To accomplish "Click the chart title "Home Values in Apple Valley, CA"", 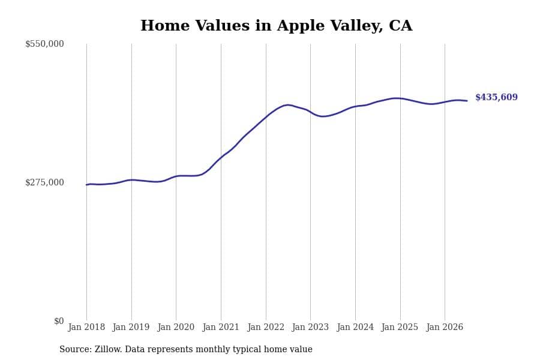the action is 276,26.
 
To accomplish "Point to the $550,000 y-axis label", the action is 44,44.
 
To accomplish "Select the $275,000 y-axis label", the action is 44,182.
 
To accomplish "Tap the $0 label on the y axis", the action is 59,321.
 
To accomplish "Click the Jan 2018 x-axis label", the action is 86,327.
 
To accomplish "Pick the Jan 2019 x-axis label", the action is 131,327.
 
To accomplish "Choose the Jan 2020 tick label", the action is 176,327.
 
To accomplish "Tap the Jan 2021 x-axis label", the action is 221,327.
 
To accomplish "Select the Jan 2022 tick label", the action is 266,327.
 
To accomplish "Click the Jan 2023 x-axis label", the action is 310,327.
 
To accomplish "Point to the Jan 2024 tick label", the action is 355,327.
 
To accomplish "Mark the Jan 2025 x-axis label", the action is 400,327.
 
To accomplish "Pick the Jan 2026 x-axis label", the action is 445,327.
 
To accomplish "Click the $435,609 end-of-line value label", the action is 496,97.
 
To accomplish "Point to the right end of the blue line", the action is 467,101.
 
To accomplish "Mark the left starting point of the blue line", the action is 86,185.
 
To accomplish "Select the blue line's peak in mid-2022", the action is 287,105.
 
